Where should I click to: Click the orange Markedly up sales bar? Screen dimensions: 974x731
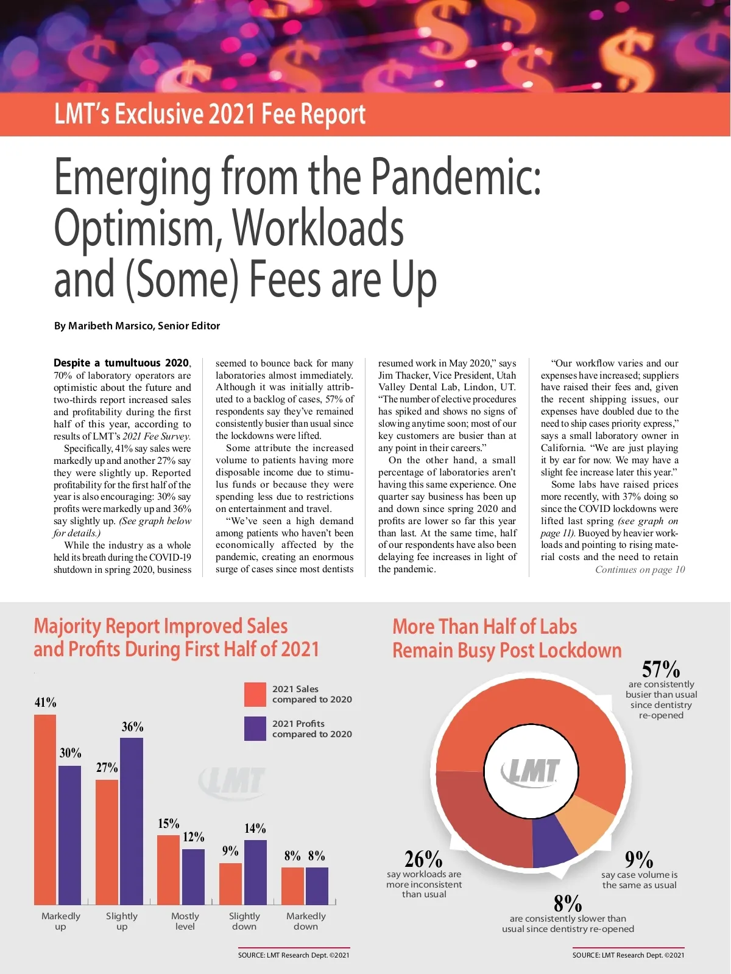point(45,810)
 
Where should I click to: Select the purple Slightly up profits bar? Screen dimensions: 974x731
point(132,822)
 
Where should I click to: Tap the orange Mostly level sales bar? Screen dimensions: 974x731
point(169,871)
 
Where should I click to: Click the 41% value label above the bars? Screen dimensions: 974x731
point(45,702)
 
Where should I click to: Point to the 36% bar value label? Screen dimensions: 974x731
point(132,727)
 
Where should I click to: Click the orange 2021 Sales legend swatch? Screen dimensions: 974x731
point(255,694)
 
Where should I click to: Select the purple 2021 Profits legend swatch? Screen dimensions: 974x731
point(255,729)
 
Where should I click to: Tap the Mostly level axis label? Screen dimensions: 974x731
point(185,921)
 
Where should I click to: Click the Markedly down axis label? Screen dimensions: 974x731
point(306,921)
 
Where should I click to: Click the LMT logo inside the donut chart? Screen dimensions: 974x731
point(530,772)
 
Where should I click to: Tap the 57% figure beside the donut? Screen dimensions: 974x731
point(661,670)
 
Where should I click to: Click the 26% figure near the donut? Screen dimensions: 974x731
point(423,860)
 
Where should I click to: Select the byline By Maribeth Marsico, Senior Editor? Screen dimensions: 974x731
point(137,326)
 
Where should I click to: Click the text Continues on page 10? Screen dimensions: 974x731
point(640,570)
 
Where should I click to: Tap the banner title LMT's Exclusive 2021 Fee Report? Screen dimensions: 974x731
point(210,114)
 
